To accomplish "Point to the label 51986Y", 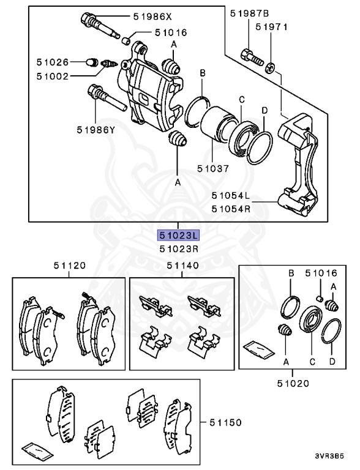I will pyautogui.click(x=96, y=130).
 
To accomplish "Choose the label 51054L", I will pyautogui.click(x=231, y=196).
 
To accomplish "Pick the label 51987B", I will pyautogui.click(x=249, y=12).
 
